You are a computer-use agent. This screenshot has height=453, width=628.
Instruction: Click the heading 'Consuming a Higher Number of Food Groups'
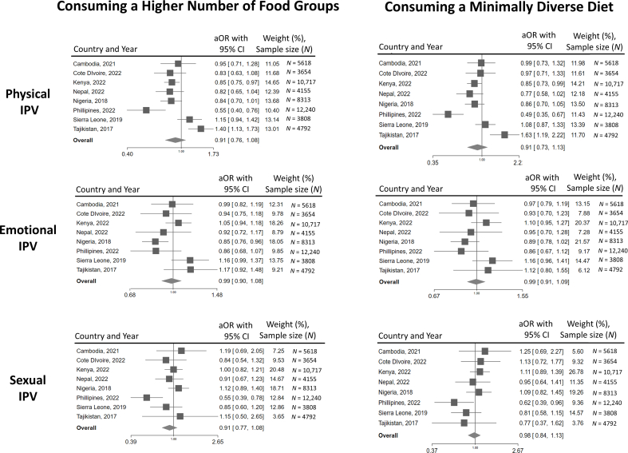[x=171, y=11]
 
